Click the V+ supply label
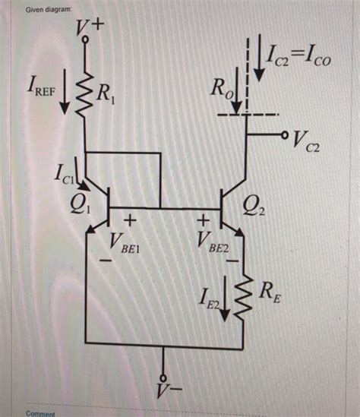click(91, 28)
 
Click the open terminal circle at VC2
click(285, 137)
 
